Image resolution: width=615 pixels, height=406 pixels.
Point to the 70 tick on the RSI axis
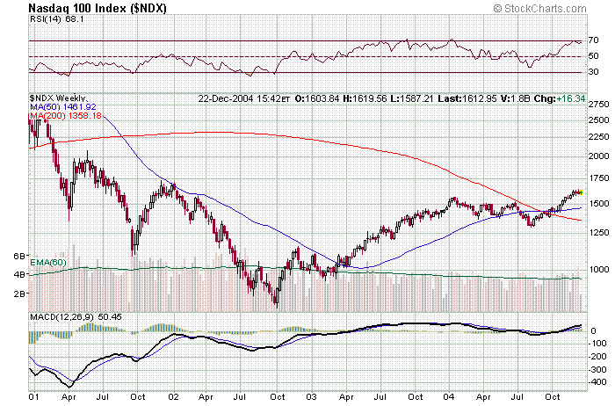click(x=594, y=40)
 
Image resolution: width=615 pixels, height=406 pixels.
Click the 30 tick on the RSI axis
click(x=594, y=72)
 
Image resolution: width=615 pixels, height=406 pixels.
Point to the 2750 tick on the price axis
click(x=599, y=104)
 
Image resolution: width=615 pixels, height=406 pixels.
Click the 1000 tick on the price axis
click(x=599, y=270)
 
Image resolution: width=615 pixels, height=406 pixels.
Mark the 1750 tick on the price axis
click(x=599, y=178)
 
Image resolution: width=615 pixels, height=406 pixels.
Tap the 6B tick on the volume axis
click(x=18, y=256)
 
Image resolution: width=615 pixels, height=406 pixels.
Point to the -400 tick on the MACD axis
click(x=599, y=382)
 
